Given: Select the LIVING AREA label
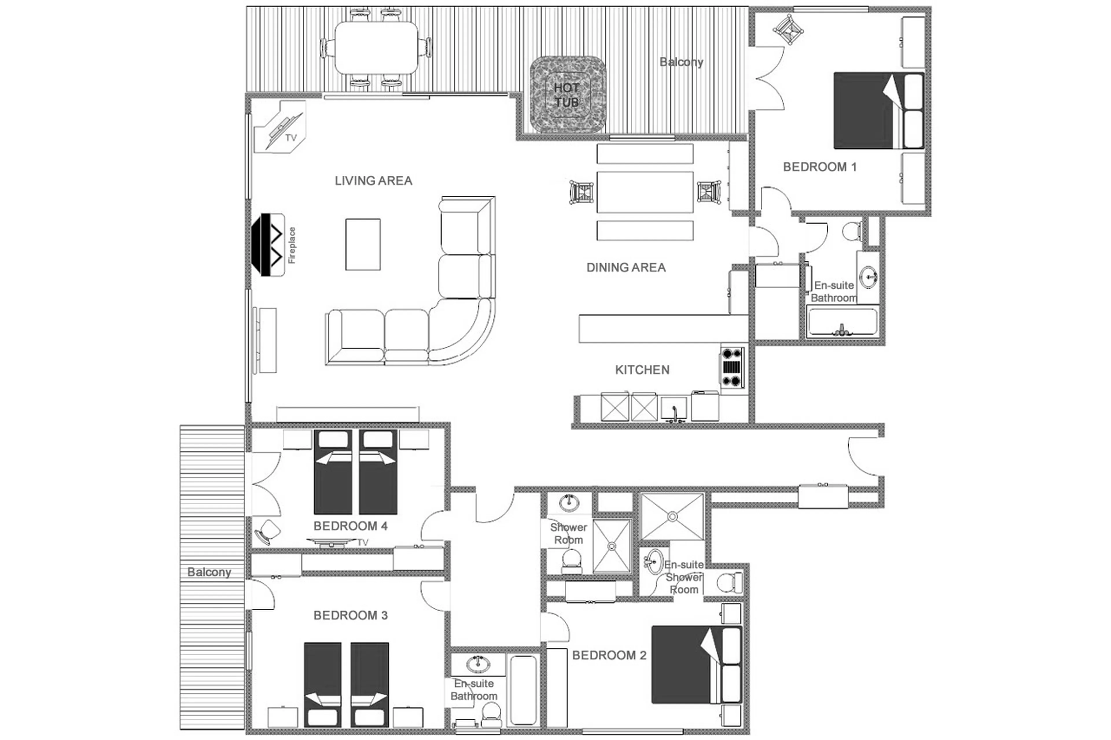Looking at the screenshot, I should [x=373, y=181].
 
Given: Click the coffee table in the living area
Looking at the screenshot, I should [x=363, y=244].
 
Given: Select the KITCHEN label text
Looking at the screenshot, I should [x=642, y=370].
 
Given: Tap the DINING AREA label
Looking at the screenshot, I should [x=626, y=267].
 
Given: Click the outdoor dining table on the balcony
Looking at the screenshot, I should [x=376, y=48].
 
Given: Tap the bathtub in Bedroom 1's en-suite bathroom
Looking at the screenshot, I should [x=842, y=322].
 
